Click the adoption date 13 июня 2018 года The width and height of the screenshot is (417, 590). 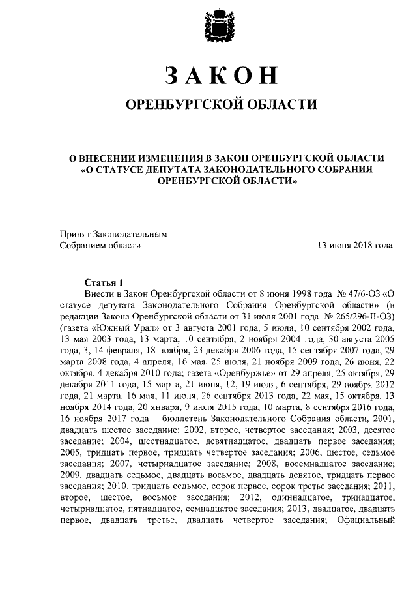(354, 246)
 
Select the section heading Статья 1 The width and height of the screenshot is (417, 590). (104, 282)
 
